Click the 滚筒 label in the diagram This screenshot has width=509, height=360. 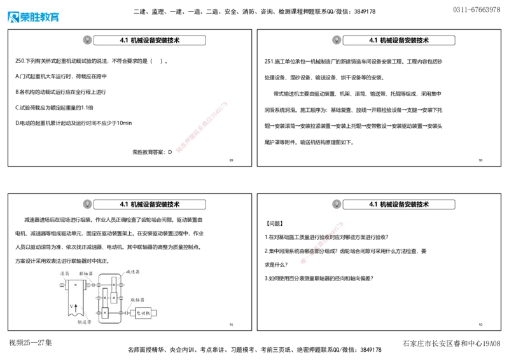click(64, 273)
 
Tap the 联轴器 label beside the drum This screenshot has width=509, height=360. click(86, 273)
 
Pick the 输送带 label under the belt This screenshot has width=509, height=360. click(85, 321)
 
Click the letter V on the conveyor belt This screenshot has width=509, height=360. click(72, 306)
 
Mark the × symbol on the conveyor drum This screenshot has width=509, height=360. click(76, 284)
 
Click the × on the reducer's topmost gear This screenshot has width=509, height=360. click(113, 284)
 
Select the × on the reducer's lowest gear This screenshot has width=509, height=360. click(105, 313)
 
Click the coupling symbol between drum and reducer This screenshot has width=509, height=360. click(93, 284)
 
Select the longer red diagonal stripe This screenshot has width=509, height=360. click(201, 126)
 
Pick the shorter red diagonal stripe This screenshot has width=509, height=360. click(322, 241)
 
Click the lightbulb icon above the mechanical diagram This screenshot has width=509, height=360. click(87, 204)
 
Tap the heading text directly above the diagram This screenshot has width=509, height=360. click(150, 205)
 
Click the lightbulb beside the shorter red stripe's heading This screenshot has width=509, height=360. click(337, 204)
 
